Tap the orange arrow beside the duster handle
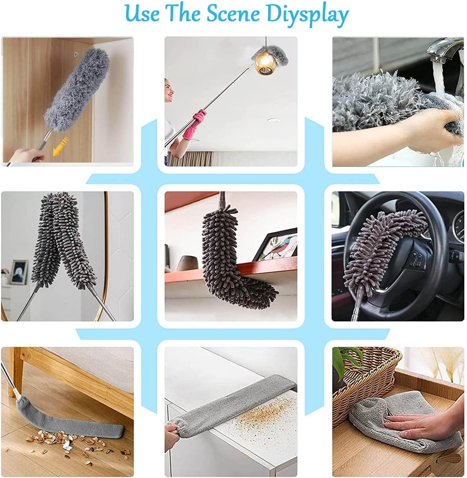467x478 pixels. pos(60,147)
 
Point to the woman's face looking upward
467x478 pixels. pos(170,90)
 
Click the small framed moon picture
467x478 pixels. pos(19,272)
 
